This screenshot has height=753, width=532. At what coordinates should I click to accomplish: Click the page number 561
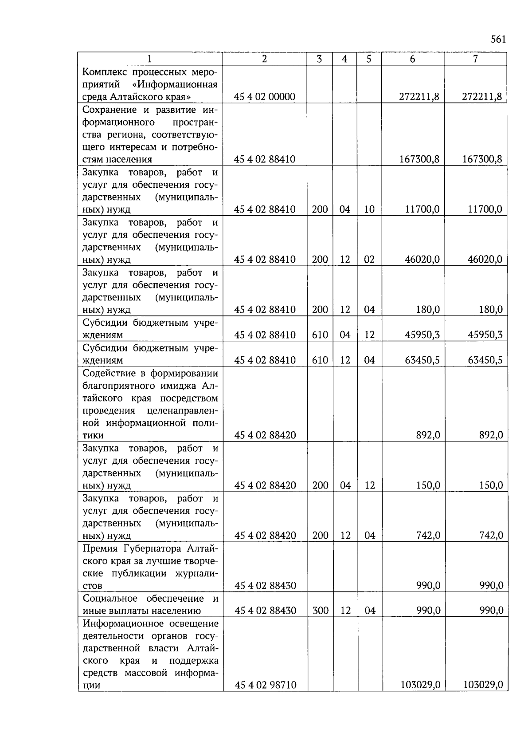tap(498, 39)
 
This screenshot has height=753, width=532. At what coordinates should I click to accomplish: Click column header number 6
tap(412, 59)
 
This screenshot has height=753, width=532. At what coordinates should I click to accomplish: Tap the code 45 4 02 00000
tap(265, 97)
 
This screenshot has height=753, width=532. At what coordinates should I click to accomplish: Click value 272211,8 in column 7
tap(482, 97)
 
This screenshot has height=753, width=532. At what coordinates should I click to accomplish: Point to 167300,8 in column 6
tap(419, 159)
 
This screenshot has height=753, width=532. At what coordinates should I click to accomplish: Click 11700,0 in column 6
tap(422, 209)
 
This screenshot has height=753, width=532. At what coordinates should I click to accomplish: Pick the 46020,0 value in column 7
tap(485, 260)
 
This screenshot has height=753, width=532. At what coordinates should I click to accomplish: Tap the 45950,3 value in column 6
tap(422, 335)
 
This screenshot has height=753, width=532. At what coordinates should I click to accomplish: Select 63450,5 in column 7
tap(485, 360)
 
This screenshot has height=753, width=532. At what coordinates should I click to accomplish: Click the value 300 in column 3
tap(320, 611)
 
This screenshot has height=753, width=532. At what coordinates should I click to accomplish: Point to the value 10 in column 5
tap(369, 209)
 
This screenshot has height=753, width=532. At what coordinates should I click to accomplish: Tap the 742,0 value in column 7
tap(491, 536)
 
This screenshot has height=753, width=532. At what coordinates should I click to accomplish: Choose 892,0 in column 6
tap(428, 435)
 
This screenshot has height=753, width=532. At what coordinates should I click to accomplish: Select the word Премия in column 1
tap(100, 548)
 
